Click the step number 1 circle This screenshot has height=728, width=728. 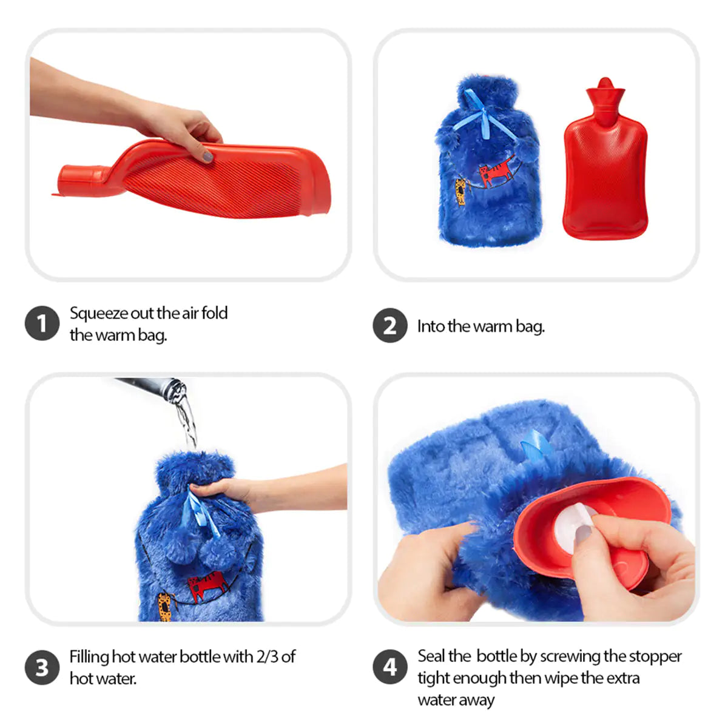coord(42,323)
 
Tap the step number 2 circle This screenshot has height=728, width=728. coord(389,326)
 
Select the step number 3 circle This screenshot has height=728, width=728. coord(42,667)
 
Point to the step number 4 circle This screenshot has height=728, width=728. coord(389,667)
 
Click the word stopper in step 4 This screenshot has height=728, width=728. coord(655,656)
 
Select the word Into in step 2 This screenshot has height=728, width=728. coord(431,326)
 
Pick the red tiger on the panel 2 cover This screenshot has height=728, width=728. coord(496,173)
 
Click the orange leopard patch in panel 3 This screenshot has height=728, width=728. coord(164,606)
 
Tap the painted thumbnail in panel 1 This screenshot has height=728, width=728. coord(208,157)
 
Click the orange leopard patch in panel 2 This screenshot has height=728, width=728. coord(461,192)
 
